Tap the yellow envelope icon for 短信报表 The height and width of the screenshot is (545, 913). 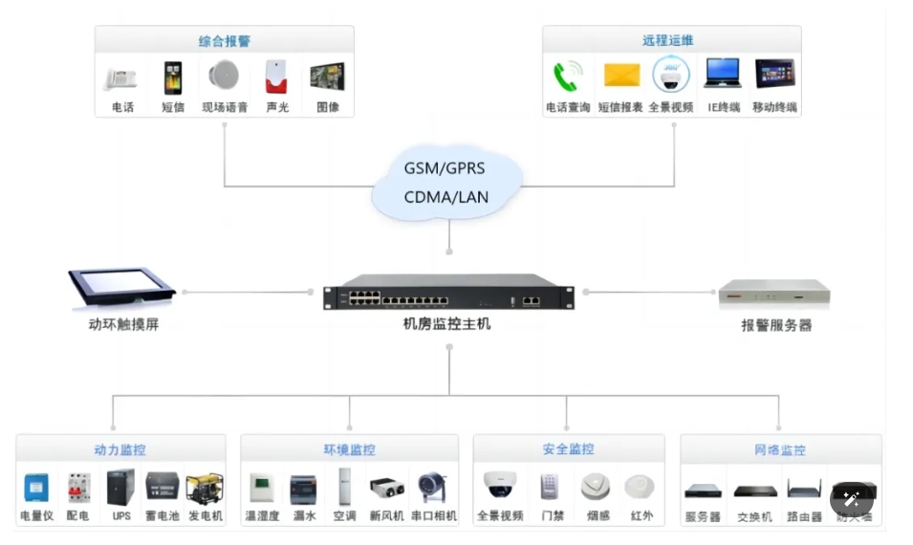620,75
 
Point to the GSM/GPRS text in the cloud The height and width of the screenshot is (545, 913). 444,168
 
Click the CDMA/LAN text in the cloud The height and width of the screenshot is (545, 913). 446,198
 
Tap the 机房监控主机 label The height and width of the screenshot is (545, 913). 446,324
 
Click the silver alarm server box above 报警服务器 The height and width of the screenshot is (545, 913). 774,293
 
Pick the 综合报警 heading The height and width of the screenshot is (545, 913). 225,41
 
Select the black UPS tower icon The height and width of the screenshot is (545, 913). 120,487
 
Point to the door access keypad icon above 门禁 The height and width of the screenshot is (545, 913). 549,487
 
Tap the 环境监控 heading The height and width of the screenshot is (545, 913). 349,449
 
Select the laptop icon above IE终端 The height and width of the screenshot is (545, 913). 723,73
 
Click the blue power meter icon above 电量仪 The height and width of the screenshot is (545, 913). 36,489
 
